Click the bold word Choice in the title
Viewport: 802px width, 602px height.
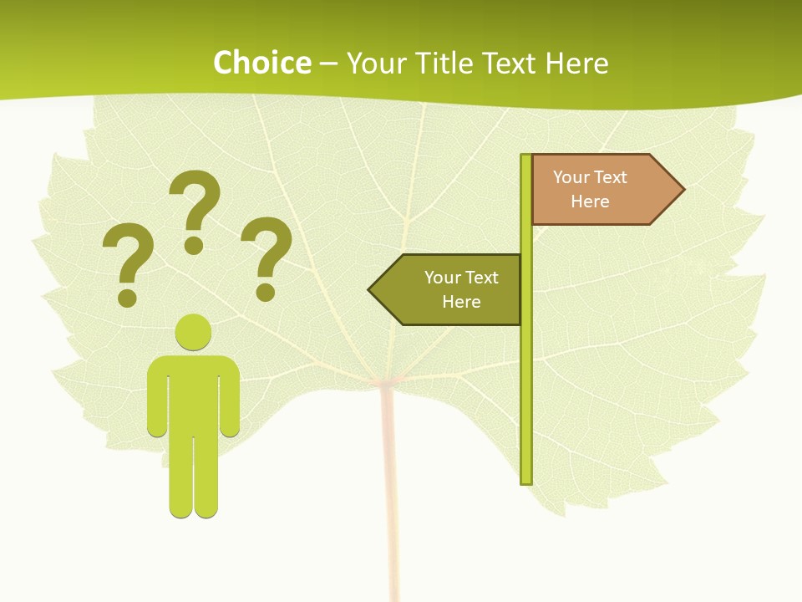coord(261,63)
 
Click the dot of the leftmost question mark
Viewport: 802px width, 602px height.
coord(127,297)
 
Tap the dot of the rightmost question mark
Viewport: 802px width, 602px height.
coord(266,292)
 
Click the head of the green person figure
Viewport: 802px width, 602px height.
coord(193,332)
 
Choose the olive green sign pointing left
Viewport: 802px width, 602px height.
coord(451,290)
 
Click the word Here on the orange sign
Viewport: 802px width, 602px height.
coord(590,202)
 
